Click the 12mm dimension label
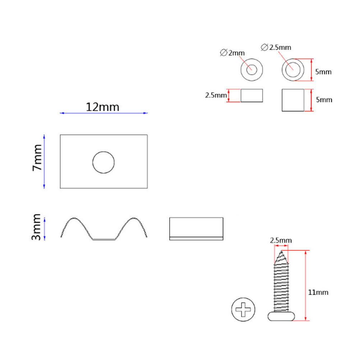[102, 107]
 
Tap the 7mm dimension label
[37, 157]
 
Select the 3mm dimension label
[36, 227]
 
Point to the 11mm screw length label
[318, 292]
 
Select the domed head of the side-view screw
[281, 316]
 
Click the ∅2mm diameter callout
[232, 53]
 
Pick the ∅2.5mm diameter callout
[276, 47]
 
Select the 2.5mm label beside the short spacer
[216, 95]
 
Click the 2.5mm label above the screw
[281, 240]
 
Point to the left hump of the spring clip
[74, 218]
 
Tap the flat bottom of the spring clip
[104, 240]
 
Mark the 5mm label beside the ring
[323, 72]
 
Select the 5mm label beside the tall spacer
[324, 100]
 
